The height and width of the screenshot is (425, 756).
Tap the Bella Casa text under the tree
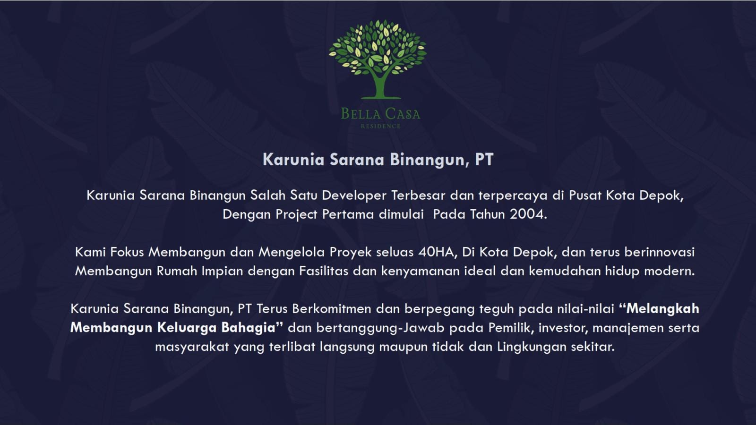(x=380, y=114)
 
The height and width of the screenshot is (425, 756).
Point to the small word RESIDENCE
(x=380, y=126)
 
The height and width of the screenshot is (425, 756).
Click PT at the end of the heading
(x=484, y=160)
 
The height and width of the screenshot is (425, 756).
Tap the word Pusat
(x=585, y=195)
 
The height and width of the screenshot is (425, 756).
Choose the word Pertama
(x=348, y=214)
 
